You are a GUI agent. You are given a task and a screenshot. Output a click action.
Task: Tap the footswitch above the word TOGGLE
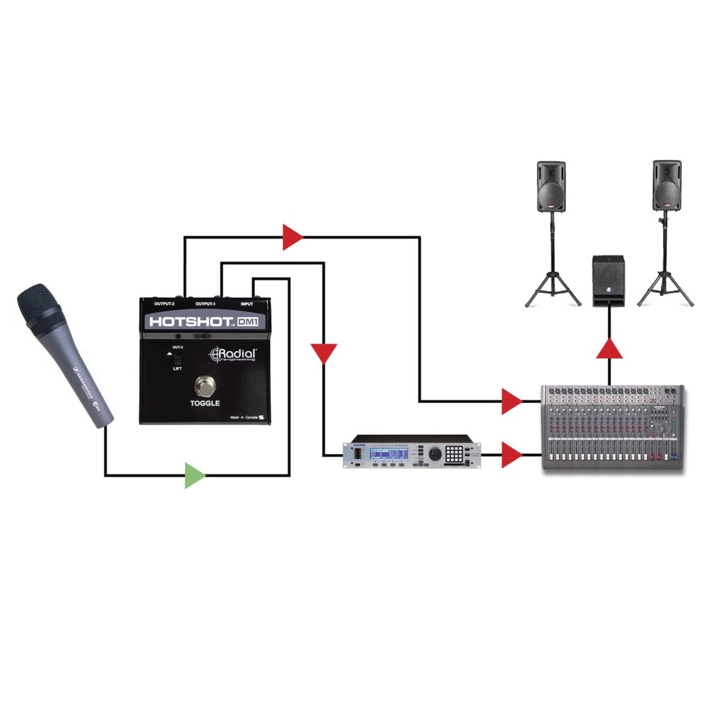pyautogui.click(x=205, y=387)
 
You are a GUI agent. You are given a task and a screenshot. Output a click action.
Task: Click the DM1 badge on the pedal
pyautogui.click(x=247, y=322)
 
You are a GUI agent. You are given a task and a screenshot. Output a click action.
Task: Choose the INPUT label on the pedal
pyautogui.click(x=248, y=304)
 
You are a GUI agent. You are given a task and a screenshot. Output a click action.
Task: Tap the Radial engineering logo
pyautogui.click(x=233, y=354)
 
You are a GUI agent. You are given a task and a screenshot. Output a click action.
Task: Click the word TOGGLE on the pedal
pyautogui.click(x=205, y=403)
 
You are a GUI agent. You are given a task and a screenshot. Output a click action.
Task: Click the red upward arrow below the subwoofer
pyautogui.click(x=609, y=351)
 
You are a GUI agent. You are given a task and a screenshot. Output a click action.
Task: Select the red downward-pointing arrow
pyautogui.click(x=324, y=352)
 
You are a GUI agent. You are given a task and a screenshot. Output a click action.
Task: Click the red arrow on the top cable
pyautogui.click(x=292, y=237)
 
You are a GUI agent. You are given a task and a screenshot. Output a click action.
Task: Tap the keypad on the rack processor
pyautogui.click(x=459, y=453)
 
